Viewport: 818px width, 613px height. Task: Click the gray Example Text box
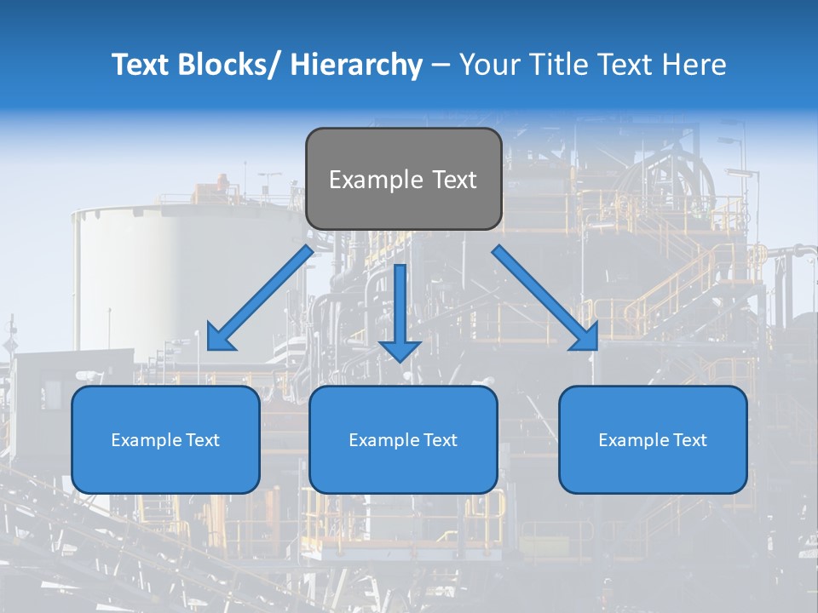pyautogui.click(x=403, y=179)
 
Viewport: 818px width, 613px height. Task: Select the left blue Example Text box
pyautogui.click(x=165, y=439)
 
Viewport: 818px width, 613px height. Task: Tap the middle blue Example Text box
pyautogui.click(x=403, y=439)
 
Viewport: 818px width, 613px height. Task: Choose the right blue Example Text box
pyautogui.click(x=653, y=439)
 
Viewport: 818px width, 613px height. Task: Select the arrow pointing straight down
pyautogui.click(x=400, y=311)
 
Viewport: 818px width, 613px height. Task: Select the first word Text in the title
pyautogui.click(x=143, y=65)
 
